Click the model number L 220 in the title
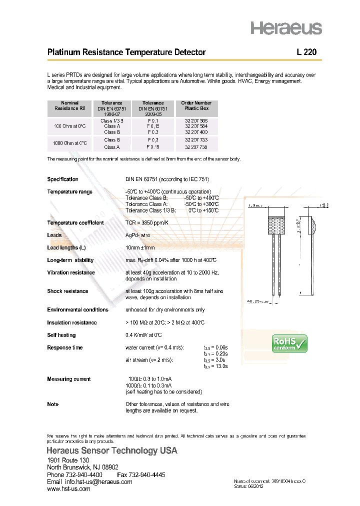click(x=306, y=52)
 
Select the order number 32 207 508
click(x=196, y=121)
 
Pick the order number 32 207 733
click(x=196, y=140)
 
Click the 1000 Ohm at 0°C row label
click(x=70, y=143)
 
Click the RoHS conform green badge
click(x=289, y=343)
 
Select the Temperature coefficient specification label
click(x=75, y=223)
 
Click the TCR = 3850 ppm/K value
click(x=147, y=223)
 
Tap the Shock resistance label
click(x=67, y=291)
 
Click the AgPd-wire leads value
click(x=137, y=235)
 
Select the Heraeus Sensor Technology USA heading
click(x=112, y=451)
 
